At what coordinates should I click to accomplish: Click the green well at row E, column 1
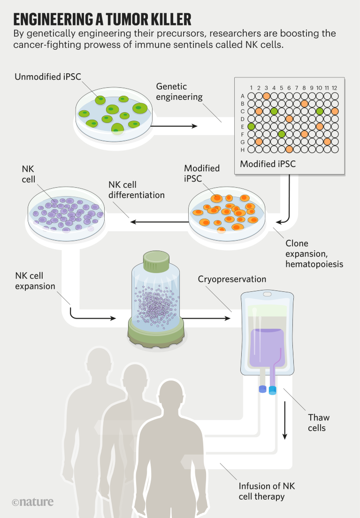coord(251,126)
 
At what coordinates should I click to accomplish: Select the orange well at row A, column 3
coord(266,96)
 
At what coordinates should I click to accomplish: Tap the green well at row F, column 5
coord(281,134)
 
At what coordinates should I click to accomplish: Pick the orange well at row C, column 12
coord(334,111)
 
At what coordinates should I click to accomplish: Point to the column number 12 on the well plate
coord(334,88)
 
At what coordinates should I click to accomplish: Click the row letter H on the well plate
coord(242,149)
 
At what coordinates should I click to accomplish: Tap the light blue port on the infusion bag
coord(273,390)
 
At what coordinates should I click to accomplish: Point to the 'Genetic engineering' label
coord(179,92)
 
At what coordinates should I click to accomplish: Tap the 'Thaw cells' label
coord(319,422)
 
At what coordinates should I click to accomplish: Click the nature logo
coord(32,502)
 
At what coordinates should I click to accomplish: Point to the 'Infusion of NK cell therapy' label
coord(266,491)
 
